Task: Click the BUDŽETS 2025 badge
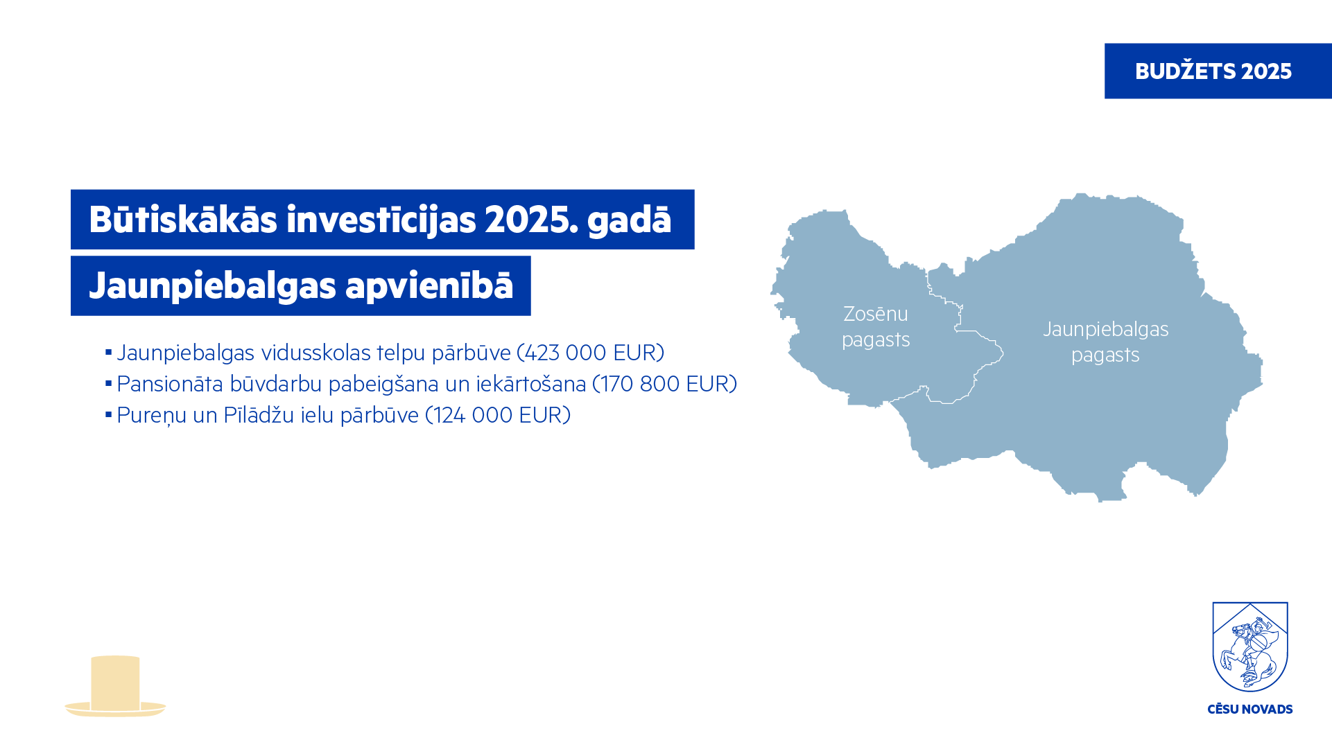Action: pos(1218,71)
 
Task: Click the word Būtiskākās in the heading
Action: pos(183,219)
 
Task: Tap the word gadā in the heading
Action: pos(629,219)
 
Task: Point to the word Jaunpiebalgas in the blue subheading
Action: pos(212,286)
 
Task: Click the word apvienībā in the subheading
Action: pos(429,285)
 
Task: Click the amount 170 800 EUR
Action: pos(664,384)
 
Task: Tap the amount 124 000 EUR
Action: pos(497,415)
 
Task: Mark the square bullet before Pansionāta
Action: pos(108,383)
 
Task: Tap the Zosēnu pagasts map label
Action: pos(876,326)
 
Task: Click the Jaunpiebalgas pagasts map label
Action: pos(1106,342)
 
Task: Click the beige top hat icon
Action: pos(115,686)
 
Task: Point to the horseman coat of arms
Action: pos(1250,646)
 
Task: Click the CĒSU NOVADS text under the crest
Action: pos(1250,710)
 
